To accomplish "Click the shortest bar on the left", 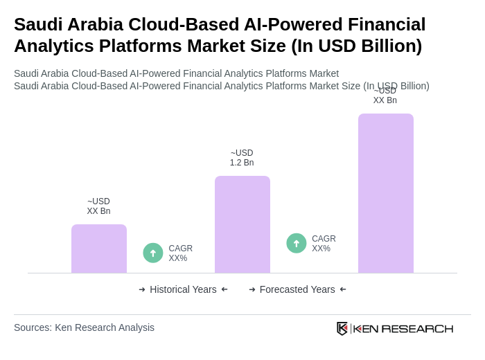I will [98, 249].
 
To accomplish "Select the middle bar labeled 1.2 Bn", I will [242, 224].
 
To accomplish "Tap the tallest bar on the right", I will [385, 193].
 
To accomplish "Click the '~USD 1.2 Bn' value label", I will [242, 158].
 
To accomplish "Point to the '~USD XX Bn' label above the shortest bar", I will [98, 206].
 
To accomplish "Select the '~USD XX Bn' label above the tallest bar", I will [385, 96].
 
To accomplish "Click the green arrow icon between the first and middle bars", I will [153, 253].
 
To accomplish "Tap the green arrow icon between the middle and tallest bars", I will [297, 243].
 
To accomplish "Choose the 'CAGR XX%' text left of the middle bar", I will [180, 253].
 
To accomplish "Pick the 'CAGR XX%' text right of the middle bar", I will [324, 244].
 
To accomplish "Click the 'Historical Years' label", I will [183, 289].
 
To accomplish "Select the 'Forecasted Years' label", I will [297, 289].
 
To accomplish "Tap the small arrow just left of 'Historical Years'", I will [142, 289].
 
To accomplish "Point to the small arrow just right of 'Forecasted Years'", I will [343, 289].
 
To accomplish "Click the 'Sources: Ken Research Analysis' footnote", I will [84, 327].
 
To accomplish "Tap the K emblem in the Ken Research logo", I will [342, 328].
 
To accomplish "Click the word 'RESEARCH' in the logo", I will [417, 328].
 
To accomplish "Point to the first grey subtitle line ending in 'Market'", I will [176, 73].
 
